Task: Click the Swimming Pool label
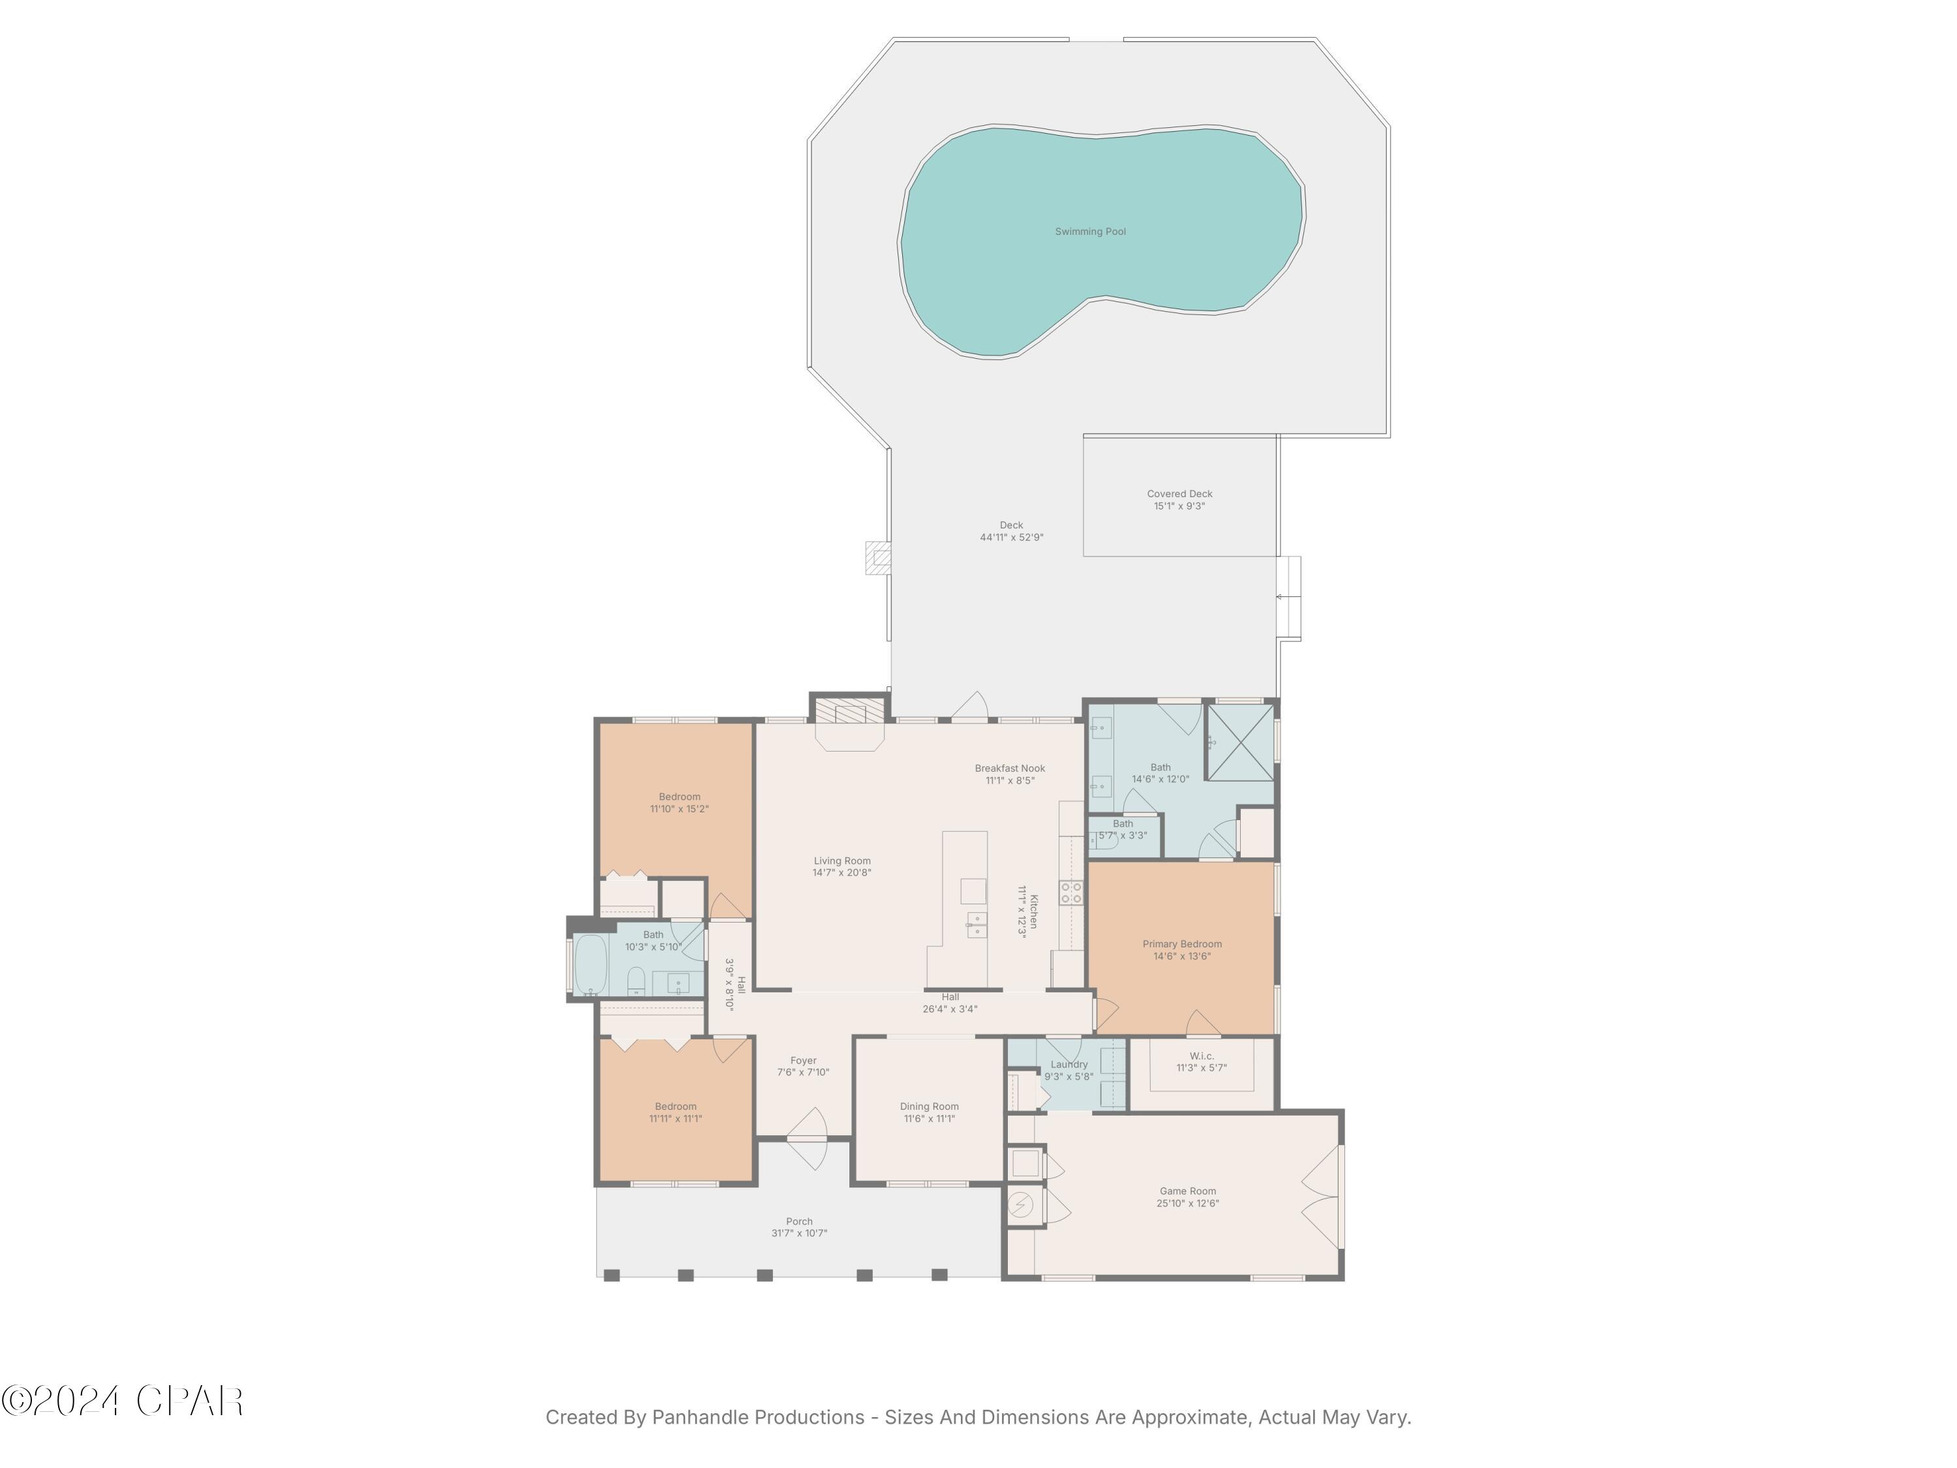(x=1090, y=232)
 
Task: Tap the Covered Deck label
(x=1179, y=494)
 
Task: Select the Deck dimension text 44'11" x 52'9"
(x=1011, y=537)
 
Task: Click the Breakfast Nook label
(x=1009, y=768)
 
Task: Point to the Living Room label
(x=842, y=860)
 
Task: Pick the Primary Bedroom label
(x=1182, y=944)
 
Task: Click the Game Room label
(x=1187, y=1191)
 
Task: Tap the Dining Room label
(x=929, y=1106)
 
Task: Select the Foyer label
(x=803, y=1060)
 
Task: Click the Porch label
(x=799, y=1221)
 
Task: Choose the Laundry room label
(x=1069, y=1065)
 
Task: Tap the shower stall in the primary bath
(x=1240, y=742)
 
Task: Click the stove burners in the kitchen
(x=1070, y=892)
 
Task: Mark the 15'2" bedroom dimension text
(x=680, y=809)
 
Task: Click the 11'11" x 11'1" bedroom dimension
(x=676, y=1118)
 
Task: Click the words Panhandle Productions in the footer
(x=758, y=1418)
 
